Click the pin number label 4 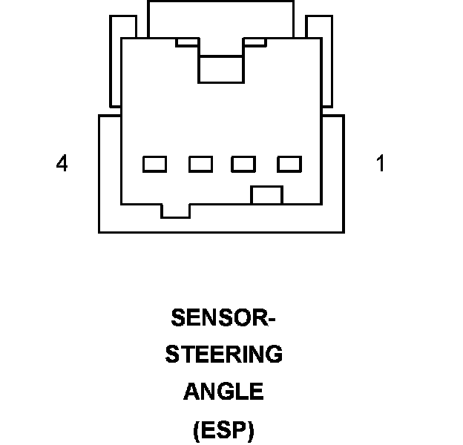pos(62,164)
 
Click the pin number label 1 pos(381,164)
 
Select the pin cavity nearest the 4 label pos(155,164)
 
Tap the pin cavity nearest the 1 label pos(289,164)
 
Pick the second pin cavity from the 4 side pos(200,164)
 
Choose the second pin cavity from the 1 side pos(243,164)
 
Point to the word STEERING pos(223,355)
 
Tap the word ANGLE pos(223,391)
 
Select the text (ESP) pos(223,429)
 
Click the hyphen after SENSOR pos(271,319)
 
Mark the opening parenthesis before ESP pos(196,430)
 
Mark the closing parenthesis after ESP pos(251,430)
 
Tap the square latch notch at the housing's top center pos(222,68)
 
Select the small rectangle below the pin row pos(267,195)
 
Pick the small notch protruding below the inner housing pos(176,211)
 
